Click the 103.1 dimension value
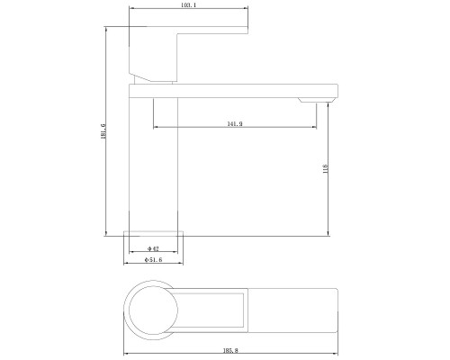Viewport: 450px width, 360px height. pos(188,5)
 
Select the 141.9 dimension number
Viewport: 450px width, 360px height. pos(234,122)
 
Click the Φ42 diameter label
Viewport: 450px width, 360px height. pos(153,248)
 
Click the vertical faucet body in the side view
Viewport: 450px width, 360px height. pos(154,162)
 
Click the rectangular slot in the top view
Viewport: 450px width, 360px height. pos(211,306)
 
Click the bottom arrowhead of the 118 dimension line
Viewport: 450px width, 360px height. pos(328,234)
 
